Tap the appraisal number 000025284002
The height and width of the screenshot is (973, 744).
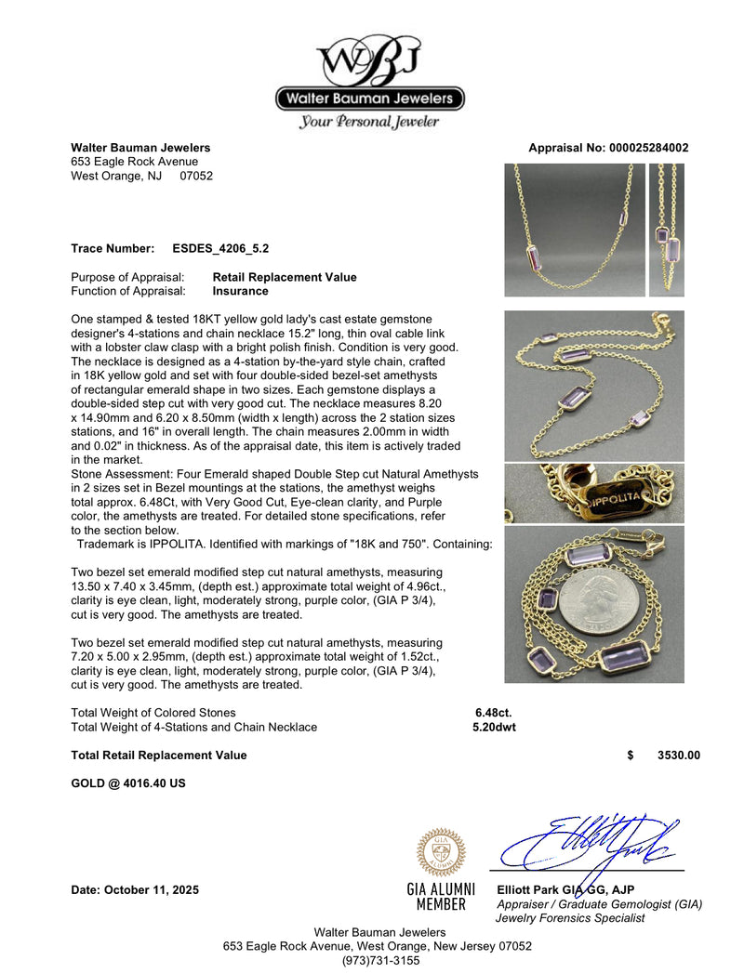click(649, 148)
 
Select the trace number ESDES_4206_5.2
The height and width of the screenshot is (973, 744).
click(221, 249)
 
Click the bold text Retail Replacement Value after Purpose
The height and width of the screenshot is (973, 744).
click(285, 277)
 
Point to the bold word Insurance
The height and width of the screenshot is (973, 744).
click(241, 291)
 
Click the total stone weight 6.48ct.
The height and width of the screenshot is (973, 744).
click(493, 713)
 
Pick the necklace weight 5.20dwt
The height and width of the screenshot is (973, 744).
click(493, 727)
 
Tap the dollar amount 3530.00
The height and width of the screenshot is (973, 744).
click(678, 756)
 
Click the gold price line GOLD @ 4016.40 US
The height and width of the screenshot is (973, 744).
click(128, 783)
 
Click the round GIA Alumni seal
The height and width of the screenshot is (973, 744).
click(441, 852)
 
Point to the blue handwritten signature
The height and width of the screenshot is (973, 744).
click(586, 841)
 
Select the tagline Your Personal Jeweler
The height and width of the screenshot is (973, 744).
click(369, 122)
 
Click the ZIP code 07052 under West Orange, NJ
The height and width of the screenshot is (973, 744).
click(196, 175)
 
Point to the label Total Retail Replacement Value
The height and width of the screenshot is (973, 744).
click(159, 756)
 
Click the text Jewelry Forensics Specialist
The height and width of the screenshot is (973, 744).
click(571, 917)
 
